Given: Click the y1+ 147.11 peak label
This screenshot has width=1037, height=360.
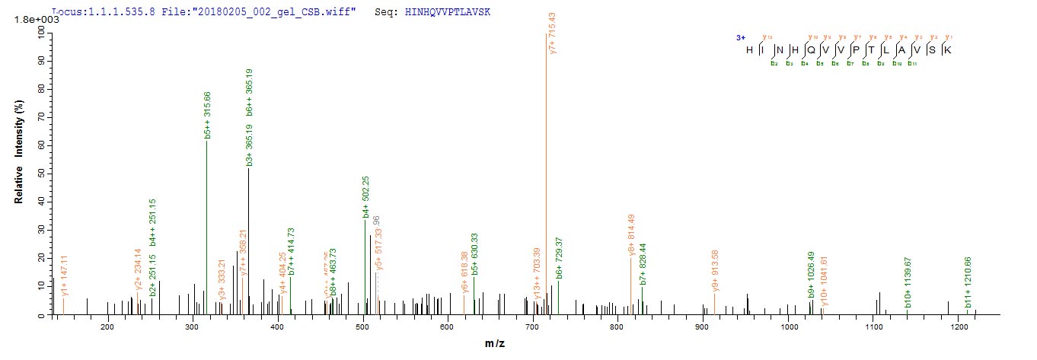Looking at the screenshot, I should coord(65,280).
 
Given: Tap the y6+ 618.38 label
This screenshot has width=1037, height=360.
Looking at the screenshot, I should coord(464,273).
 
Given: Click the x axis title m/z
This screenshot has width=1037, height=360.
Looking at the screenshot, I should coord(495,344).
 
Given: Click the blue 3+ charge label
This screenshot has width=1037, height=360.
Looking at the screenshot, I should coord(740,37).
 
